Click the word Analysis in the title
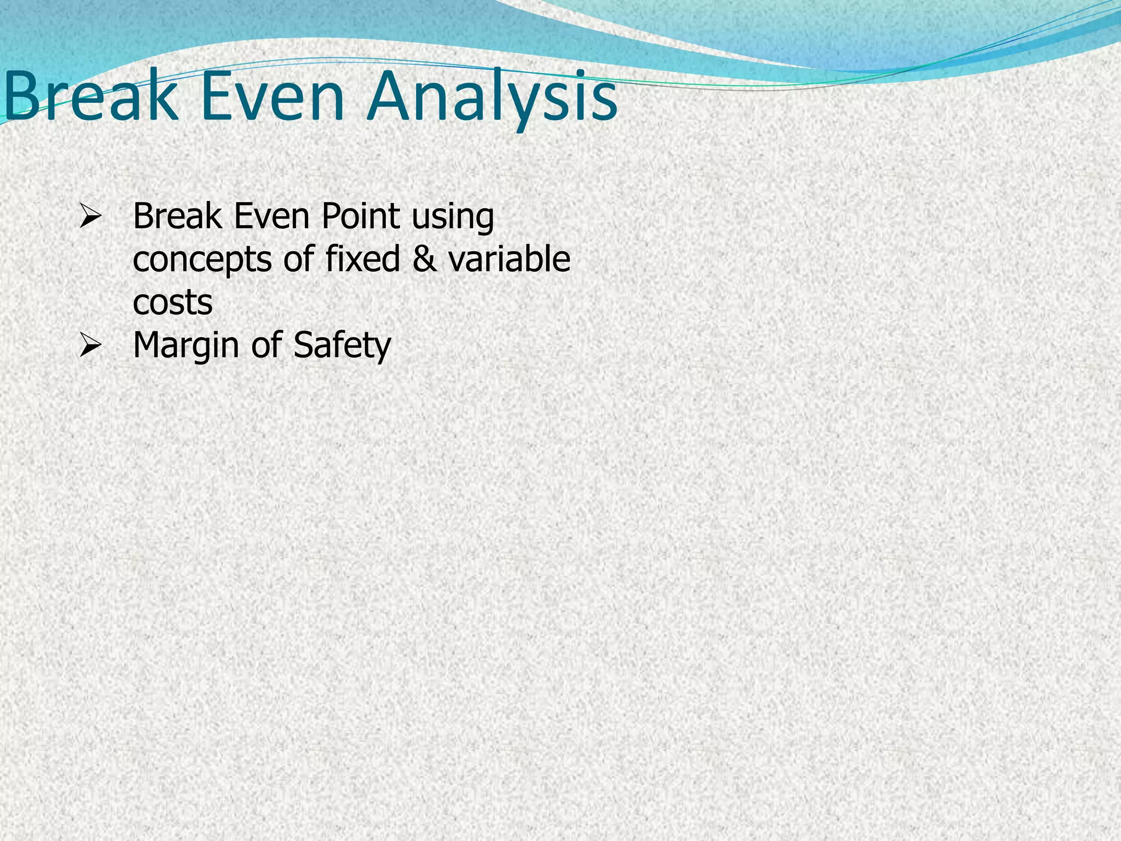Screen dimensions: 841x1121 [x=493, y=99]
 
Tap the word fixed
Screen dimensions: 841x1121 [x=362, y=258]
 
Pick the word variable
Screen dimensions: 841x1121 [x=509, y=258]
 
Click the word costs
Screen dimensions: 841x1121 [x=172, y=302]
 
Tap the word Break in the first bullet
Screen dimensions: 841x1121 [x=177, y=216]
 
